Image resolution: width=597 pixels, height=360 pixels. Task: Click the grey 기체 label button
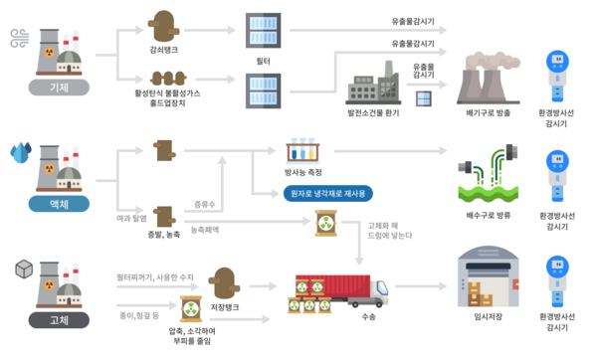pyautogui.click(x=59, y=88)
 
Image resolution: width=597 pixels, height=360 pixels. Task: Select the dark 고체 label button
pyautogui.click(x=59, y=320)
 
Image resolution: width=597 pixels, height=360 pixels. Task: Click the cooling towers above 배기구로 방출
pyautogui.click(x=488, y=78)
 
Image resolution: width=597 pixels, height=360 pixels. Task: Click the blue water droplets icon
pyautogui.click(x=21, y=152)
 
